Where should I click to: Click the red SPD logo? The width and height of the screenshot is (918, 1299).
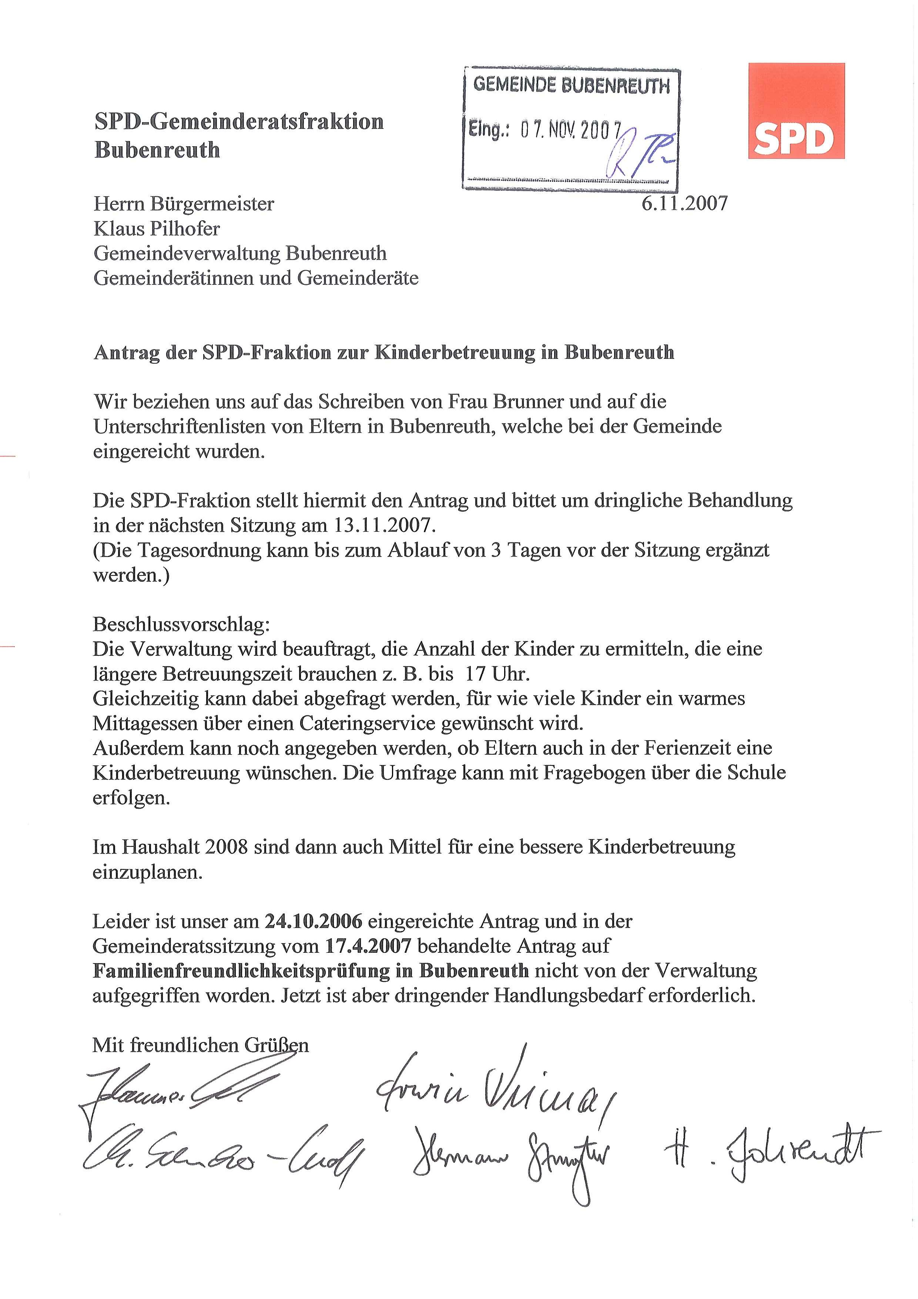tap(796, 111)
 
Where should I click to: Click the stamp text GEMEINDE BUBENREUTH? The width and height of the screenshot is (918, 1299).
tap(571, 86)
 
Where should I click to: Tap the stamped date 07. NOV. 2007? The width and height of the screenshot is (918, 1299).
tap(571, 131)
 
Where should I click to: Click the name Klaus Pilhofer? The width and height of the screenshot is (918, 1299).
tap(157, 228)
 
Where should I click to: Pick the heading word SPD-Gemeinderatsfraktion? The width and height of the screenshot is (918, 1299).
tap(239, 121)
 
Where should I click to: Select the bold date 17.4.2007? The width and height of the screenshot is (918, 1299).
tap(368, 946)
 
